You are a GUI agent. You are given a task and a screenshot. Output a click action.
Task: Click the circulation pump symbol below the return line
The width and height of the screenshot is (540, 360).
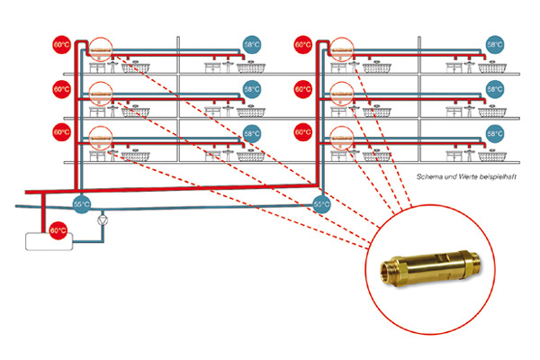103,220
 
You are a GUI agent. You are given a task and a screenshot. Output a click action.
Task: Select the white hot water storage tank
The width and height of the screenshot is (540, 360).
49,241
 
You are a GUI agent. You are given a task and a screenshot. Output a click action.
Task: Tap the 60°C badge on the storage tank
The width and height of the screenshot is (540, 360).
58,230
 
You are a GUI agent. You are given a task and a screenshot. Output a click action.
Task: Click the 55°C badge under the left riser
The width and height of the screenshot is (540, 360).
82,204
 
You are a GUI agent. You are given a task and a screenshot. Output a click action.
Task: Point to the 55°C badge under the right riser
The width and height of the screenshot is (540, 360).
321,204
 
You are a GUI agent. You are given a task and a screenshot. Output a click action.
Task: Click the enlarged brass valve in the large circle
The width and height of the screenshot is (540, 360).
430,267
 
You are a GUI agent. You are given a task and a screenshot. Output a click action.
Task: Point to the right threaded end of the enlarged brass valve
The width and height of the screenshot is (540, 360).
475,261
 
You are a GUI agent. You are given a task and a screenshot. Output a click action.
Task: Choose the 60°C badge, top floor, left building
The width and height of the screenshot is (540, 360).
61,45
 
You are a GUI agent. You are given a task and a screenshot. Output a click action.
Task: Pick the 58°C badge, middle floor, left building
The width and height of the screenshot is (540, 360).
252,89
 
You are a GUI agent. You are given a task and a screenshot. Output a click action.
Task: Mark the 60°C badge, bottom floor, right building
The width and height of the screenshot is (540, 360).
302,132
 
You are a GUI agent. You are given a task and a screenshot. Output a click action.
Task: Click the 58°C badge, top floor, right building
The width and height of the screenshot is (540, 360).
495,45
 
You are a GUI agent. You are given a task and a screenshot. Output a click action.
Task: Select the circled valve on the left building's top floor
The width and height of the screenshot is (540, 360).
101,49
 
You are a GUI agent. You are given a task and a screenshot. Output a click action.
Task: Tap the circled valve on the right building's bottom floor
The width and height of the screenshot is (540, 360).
342,139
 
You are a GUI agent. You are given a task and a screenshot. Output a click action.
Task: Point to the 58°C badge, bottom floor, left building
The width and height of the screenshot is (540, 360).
252,134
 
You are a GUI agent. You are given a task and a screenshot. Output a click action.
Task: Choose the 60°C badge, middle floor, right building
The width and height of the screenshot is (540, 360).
302,89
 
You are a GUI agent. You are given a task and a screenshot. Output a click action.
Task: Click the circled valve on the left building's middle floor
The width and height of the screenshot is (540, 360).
101,94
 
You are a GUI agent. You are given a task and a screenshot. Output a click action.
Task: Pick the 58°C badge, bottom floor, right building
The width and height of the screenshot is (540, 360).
495,134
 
